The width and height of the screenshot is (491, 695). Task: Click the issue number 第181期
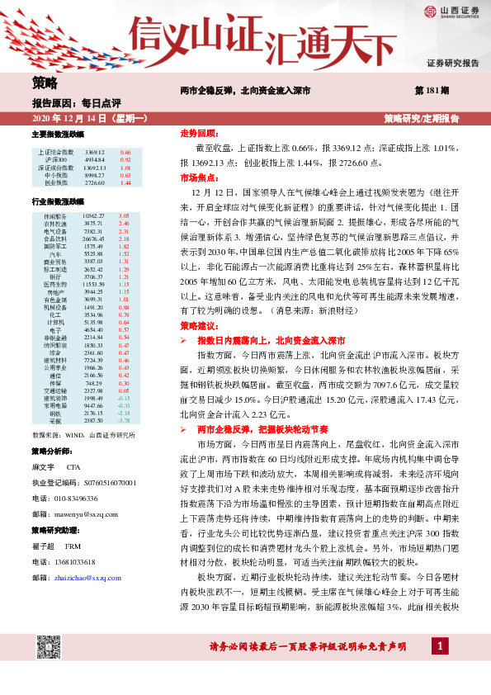(432, 90)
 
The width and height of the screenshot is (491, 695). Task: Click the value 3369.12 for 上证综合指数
(93, 153)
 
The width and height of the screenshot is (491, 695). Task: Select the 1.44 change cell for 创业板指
(125, 182)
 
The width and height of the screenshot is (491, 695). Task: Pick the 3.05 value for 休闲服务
(125, 215)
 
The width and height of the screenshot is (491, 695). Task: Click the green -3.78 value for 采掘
(124, 419)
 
